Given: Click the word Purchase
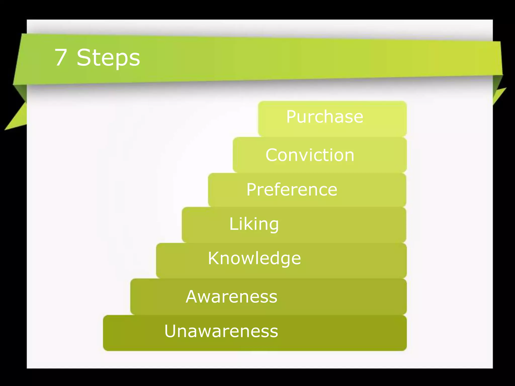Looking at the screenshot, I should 325,117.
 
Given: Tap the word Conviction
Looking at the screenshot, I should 310,155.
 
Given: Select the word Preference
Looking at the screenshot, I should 292,189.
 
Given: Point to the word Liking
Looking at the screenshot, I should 254,224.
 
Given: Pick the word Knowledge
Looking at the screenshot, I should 254,258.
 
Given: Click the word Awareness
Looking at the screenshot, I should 231,297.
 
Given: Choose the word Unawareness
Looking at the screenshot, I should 221,331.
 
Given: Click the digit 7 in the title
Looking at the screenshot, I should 61,58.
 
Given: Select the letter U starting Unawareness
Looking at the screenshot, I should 170,331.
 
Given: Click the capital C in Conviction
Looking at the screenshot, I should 272,155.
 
